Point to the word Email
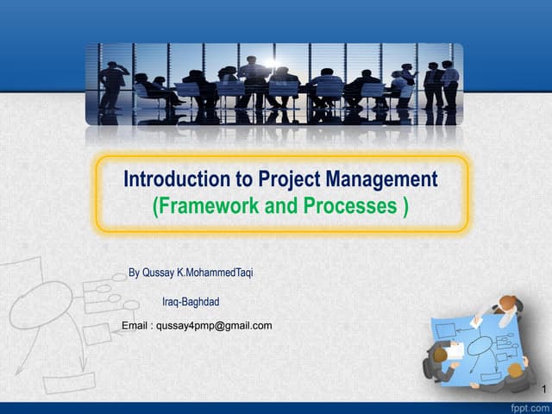coord(136,325)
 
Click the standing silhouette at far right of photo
coord(449,83)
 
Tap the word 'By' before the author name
coord(134,273)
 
